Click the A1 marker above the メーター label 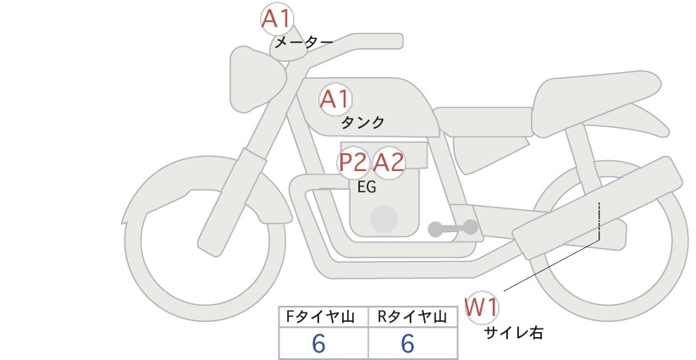pos(277,19)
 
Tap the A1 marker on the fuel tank pos(335,99)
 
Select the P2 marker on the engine pos(353,163)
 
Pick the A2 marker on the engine pos(389,163)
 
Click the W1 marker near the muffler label pos(482,307)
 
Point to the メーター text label pos(304,42)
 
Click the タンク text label pos(362,122)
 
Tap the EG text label pos(367,187)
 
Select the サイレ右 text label pos(514,333)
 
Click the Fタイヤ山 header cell pos(323,317)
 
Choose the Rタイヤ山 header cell pos(413,317)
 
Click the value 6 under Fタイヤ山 pos(318,344)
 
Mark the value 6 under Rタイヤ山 pos(407,344)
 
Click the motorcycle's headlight pos(257,79)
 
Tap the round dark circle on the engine pos(384,219)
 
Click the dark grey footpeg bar pos(453,228)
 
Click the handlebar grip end pos(397,41)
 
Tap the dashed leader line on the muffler pos(599,220)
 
